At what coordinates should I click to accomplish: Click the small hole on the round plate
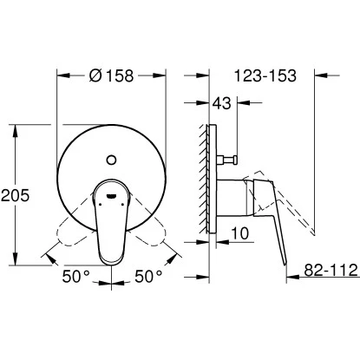pos(112,159)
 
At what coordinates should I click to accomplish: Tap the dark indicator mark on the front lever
pos(111,198)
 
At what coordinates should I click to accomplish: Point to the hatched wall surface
pos(205,182)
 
